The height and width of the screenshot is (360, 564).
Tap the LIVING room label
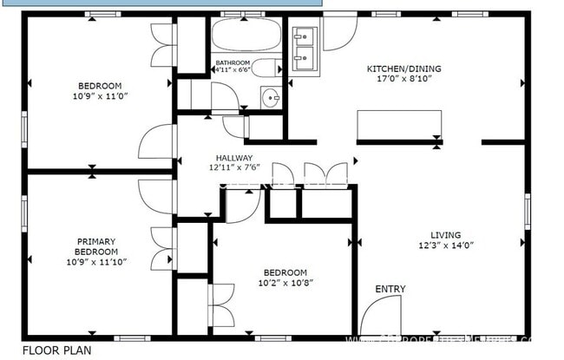pyautogui.click(x=446, y=234)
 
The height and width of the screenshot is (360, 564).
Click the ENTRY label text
pyautogui.click(x=390, y=289)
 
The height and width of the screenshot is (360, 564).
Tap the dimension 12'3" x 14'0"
pyautogui.click(x=446, y=245)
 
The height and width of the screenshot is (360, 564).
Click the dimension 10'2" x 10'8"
pyautogui.click(x=285, y=282)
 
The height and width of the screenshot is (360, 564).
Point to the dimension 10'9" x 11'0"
pyautogui.click(x=100, y=96)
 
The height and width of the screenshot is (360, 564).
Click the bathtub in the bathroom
pyautogui.click(x=246, y=37)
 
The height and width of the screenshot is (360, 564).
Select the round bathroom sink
pyautogui.click(x=270, y=96)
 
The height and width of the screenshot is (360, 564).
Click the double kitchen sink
pyautogui.click(x=305, y=49)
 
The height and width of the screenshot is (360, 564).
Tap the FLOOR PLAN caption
pyautogui.click(x=56, y=350)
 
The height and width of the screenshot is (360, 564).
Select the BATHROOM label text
pyautogui.click(x=233, y=62)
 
